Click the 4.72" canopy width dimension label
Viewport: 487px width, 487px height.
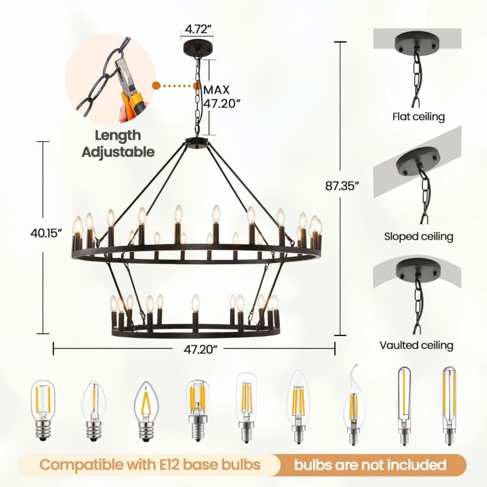(198, 30)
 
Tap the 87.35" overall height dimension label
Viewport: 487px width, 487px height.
(342, 186)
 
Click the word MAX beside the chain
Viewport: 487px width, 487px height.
(217, 89)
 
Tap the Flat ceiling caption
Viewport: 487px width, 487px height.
(418, 117)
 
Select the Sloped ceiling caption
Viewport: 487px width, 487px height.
(419, 236)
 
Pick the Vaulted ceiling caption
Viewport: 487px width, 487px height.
(416, 345)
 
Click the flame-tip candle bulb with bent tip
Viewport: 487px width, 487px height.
(353, 405)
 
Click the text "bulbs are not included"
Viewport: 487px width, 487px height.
(370, 465)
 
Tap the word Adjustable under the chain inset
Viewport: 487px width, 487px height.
(118, 152)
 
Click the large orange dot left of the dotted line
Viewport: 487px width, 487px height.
(156, 86)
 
